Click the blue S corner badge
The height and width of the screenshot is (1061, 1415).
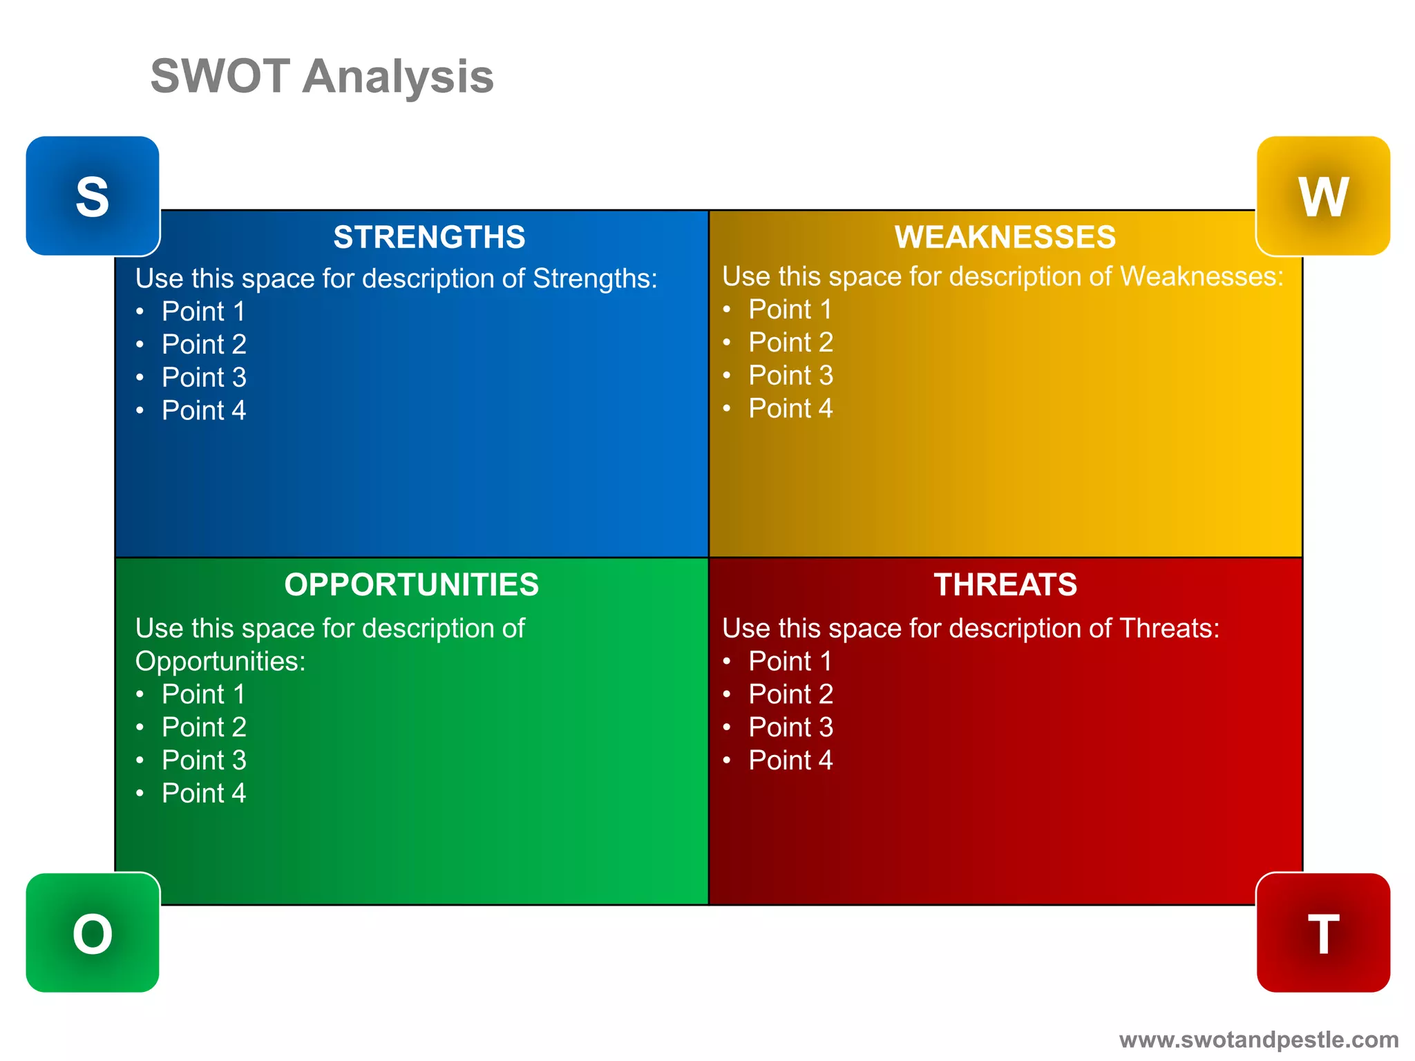pos(93,196)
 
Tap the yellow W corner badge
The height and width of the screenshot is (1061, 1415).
pos(1322,196)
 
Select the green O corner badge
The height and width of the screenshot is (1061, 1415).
pos(93,933)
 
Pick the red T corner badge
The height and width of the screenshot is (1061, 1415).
pos(1322,933)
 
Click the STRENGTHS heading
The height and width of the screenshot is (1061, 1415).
pos(429,237)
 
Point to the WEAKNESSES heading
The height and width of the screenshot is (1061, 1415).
pos(1005,237)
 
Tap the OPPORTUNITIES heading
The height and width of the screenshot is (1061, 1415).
pos(411,584)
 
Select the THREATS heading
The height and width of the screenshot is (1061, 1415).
pos(1005,584)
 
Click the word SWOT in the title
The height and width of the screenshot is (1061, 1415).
pos(220,76)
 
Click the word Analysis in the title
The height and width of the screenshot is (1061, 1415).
pos(398,77)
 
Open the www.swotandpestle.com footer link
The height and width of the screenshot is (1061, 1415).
pos(1258,1040)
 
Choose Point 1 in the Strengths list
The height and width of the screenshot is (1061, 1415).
pos(203,312)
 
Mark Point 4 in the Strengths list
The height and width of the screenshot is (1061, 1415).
pos(203,410)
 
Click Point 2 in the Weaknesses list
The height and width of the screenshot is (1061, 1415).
pos(790,342)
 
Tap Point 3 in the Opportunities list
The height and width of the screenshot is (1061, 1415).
pos(203,760)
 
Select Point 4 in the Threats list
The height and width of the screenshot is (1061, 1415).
pos(790,760)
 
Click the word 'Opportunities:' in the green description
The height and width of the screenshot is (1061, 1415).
pos(220,662)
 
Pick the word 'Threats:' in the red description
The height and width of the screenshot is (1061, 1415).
pos(1169,629)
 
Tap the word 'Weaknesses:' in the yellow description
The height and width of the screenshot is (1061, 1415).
pos(1202,276)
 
